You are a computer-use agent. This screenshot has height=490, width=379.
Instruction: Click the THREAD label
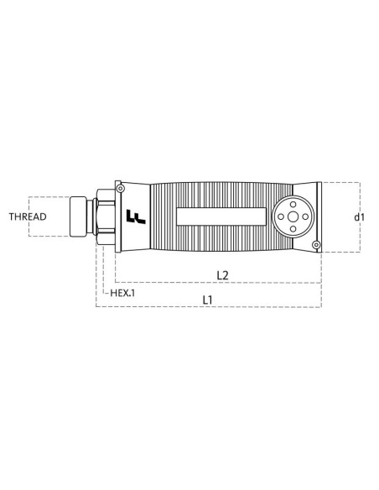point(28,216)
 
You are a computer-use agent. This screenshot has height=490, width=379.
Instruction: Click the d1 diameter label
point(360,216)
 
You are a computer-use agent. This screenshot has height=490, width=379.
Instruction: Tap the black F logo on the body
point(133,217)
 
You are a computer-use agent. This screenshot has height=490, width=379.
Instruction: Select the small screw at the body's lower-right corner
point(315,244)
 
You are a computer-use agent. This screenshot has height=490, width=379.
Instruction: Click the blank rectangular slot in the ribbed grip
point(218,216)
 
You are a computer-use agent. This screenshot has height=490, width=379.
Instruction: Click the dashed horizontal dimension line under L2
point(218,283)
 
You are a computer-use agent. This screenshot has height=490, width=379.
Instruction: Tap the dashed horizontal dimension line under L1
point(210,307)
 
